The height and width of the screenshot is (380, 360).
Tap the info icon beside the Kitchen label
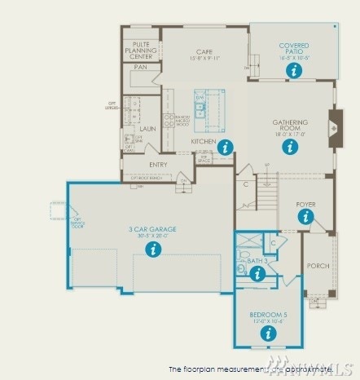[x=226, y=147]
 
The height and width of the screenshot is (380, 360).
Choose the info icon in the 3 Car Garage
[x=152, y=250]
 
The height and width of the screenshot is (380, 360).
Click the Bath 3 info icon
[x=257, y=274]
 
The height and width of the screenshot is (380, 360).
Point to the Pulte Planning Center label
[x=141, y=51]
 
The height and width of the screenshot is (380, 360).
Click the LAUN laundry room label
[x=147, y=129]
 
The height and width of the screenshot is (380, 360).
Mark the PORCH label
[x=318, y=267]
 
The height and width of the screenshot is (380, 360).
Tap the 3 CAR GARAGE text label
[x=152, y=230]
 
